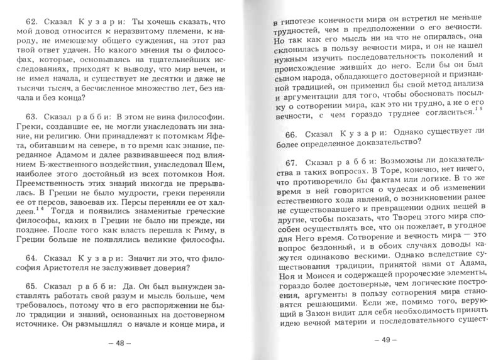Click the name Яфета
(206, 142)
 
